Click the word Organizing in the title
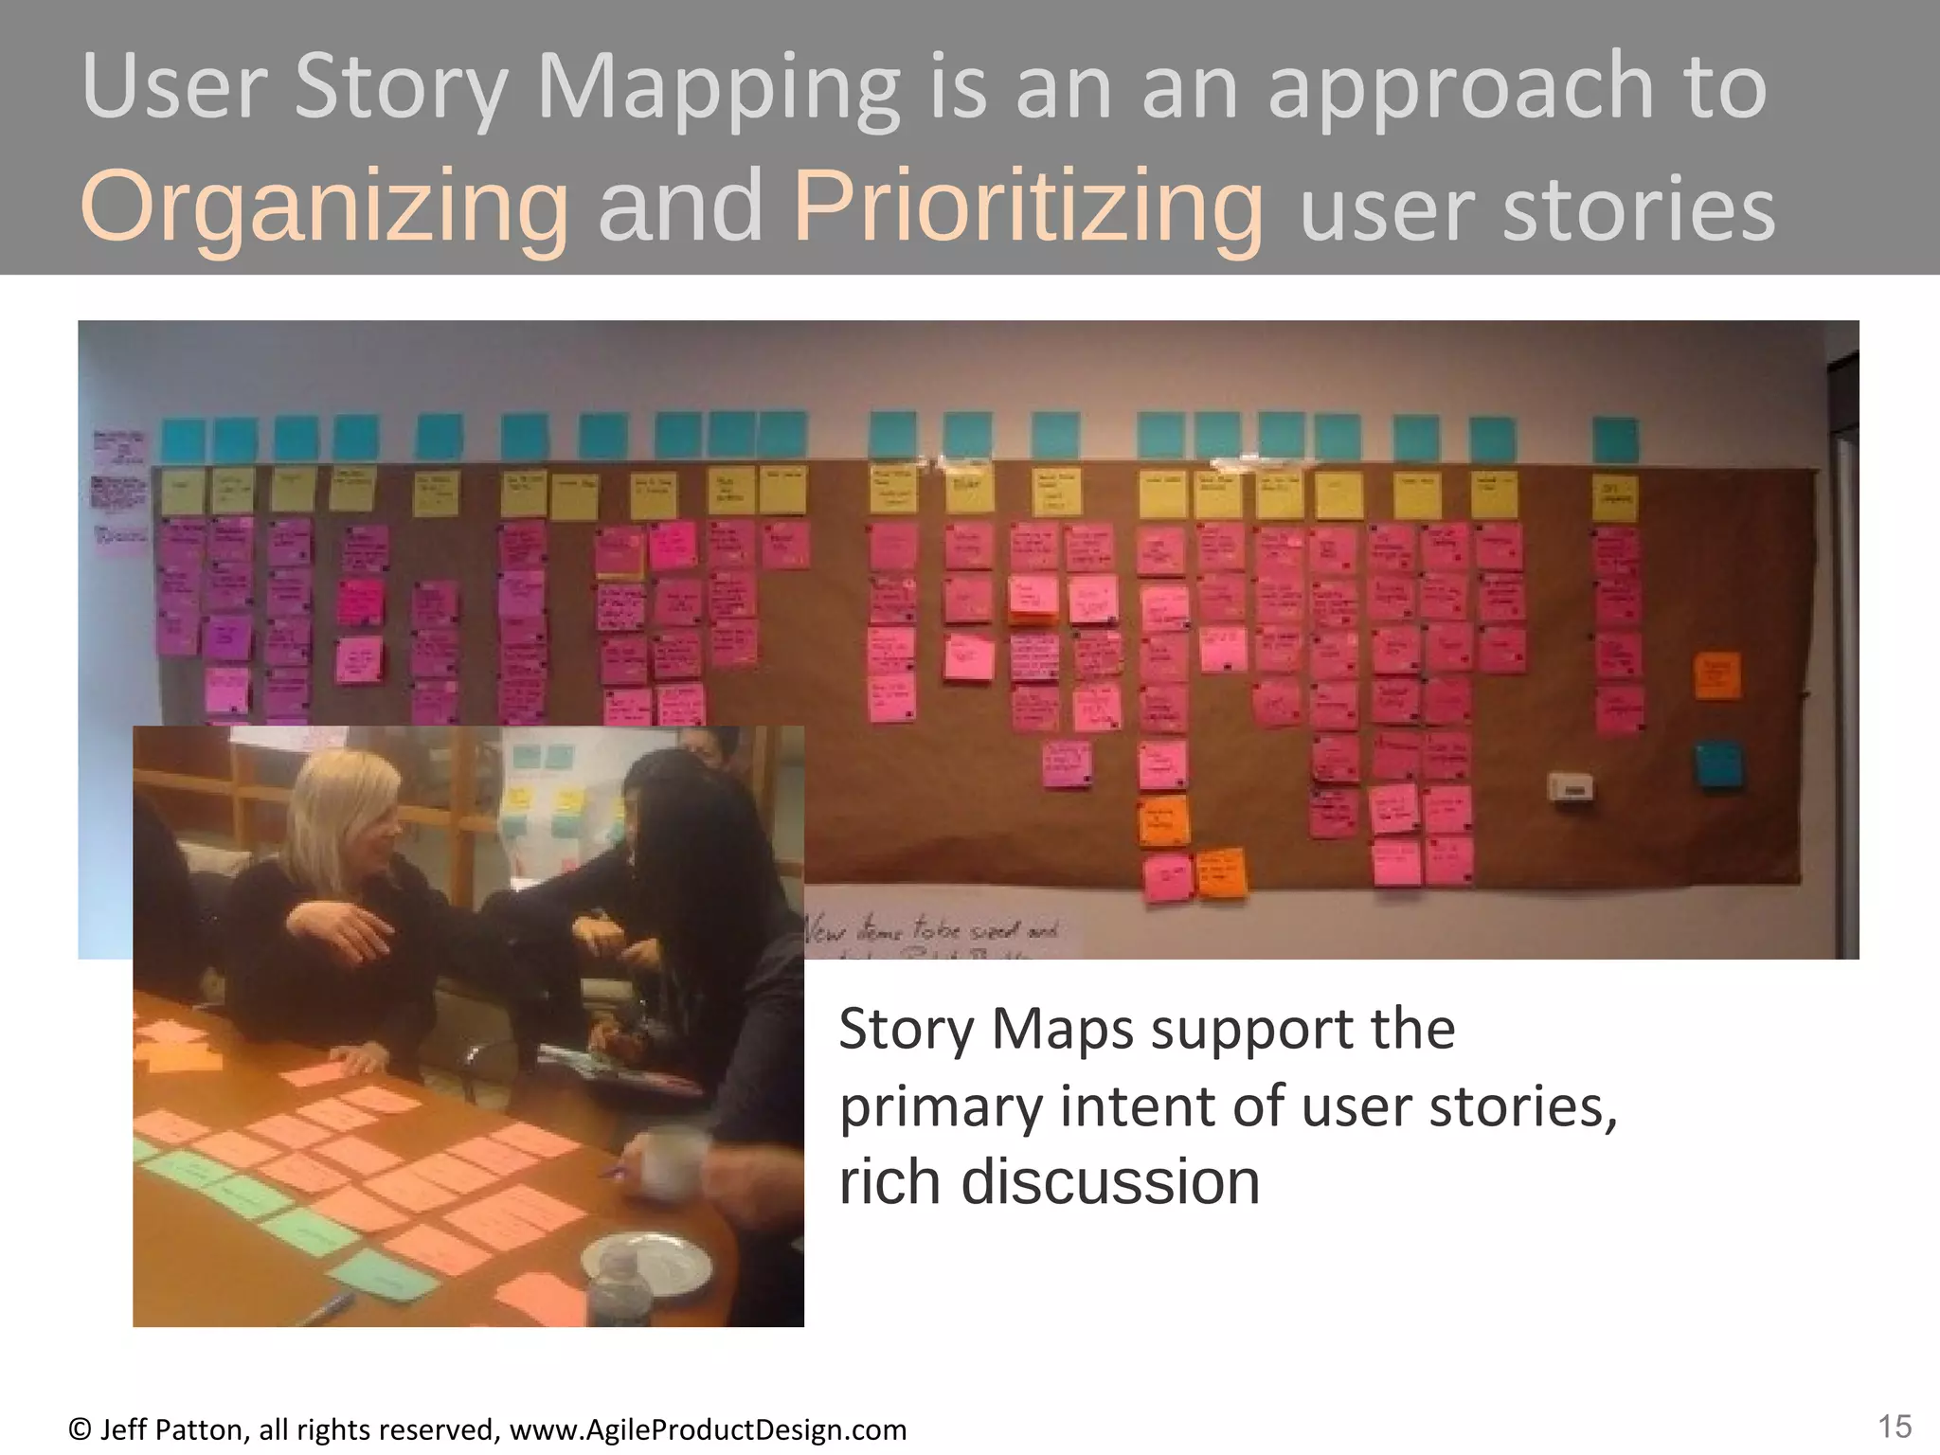[325, 207]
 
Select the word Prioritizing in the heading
[1028, 207]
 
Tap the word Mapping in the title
[718, 88]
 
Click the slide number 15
[1895, 1427]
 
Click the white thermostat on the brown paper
[1570, 786]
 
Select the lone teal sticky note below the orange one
[1718, 764]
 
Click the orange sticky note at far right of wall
[1716, 675]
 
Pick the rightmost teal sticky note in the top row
[1615, 440]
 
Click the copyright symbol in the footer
[80, 1429]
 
